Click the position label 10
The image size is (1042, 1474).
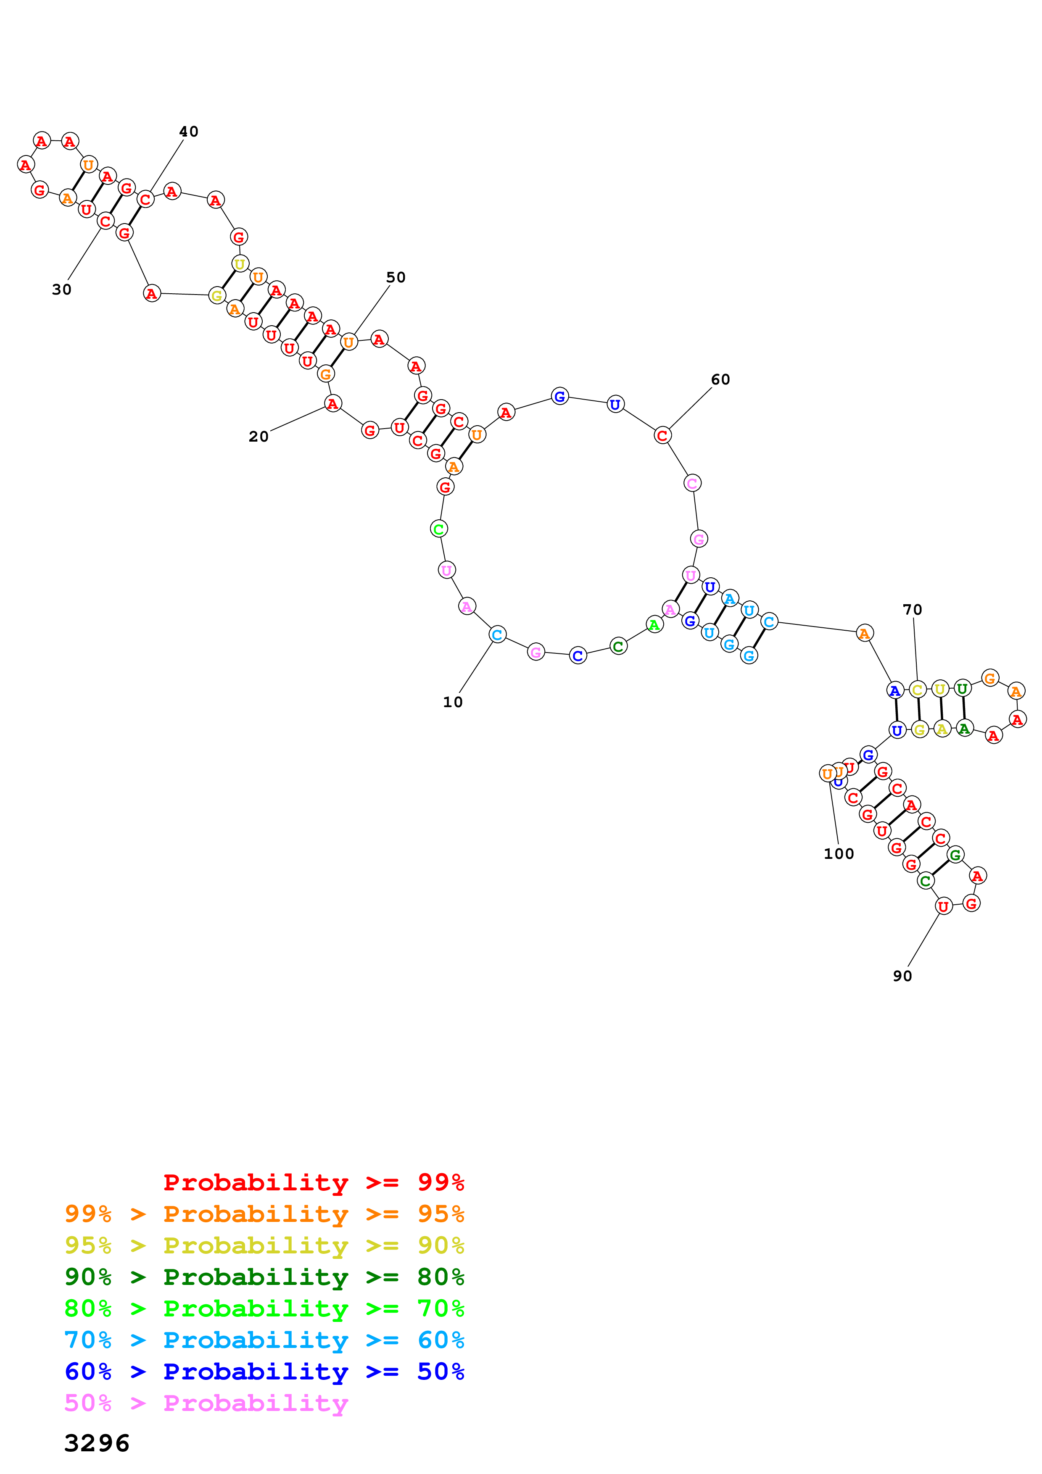[x=453, y=702]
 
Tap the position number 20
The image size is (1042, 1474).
[x=259, y=437]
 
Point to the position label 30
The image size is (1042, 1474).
[x=62, y=290]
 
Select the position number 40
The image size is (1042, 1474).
[x=189, y=132]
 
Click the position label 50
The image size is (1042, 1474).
[x=396, y=277]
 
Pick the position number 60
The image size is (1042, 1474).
[x=720, y=379]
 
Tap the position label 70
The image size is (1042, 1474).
[x=912, y=609]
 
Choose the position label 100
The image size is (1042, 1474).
[x=839, y=854]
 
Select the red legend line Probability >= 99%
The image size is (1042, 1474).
[x=314, y=1182]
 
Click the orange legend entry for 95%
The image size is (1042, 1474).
[x=264, y=1213]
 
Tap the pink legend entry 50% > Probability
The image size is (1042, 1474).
[x=206, y=1403]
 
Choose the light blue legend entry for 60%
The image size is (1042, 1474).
[x=264, y=1340]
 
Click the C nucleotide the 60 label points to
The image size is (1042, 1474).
[x=662, y=435]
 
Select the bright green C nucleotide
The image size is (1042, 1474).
[x=438, y=529]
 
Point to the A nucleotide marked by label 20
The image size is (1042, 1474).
[x=332, y=404]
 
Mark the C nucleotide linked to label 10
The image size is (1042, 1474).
[x=497, y=635]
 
